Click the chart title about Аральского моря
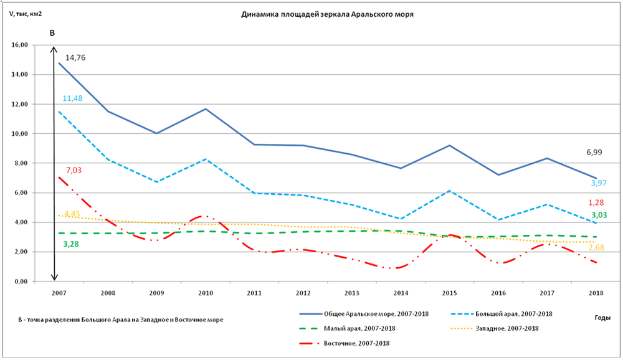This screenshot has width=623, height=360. click(x=327, y=14)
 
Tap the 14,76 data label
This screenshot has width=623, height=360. click(x=75, y=58)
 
